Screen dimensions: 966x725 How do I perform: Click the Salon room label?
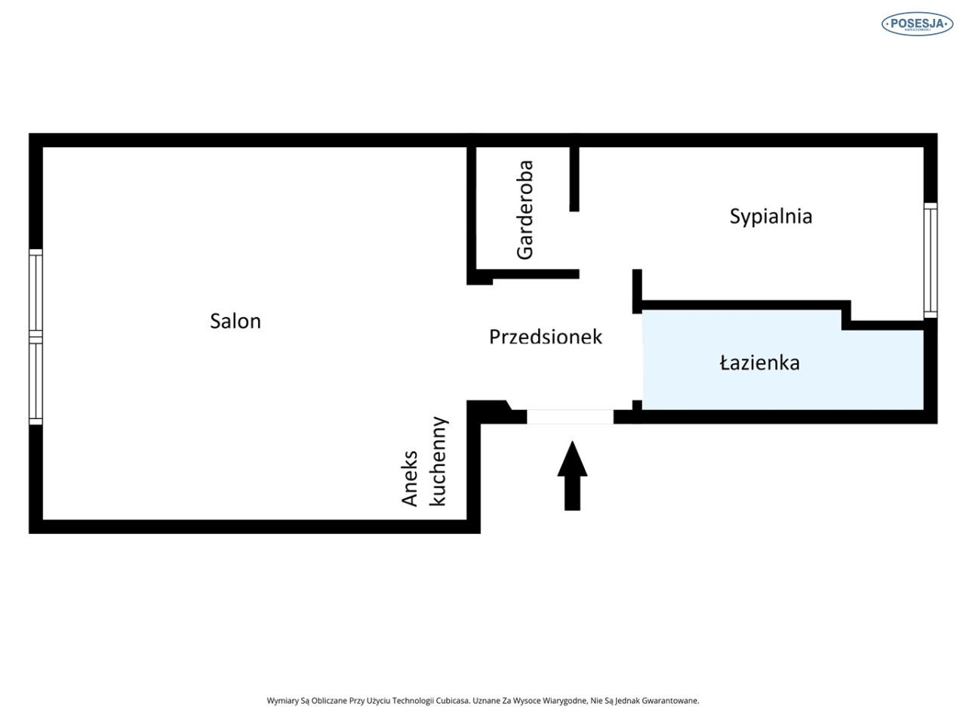pos(235,321)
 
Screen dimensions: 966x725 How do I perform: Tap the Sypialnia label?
pos(771,217)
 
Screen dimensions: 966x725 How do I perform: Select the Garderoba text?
pos(525,209)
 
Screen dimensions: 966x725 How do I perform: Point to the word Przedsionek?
pos(546,337)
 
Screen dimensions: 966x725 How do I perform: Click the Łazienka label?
pos(760,363)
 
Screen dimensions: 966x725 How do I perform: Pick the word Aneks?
pos(409,478)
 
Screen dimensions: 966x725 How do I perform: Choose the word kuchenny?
pos(438,461)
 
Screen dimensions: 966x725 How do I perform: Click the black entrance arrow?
pos(572,476)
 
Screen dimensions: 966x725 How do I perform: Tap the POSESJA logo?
pos(917,23)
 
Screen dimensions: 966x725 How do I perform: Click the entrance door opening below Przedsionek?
pos(570,416)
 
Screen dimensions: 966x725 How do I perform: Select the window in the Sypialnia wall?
pos(931,260)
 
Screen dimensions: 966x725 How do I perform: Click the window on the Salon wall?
pos(35,337)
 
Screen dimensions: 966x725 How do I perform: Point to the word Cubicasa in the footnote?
pos(453,701)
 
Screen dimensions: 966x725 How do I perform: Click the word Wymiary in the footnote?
pos(282,701)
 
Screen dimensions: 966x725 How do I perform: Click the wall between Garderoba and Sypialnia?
pos(574,179)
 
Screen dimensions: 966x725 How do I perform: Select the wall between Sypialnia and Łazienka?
pos(746,305)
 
